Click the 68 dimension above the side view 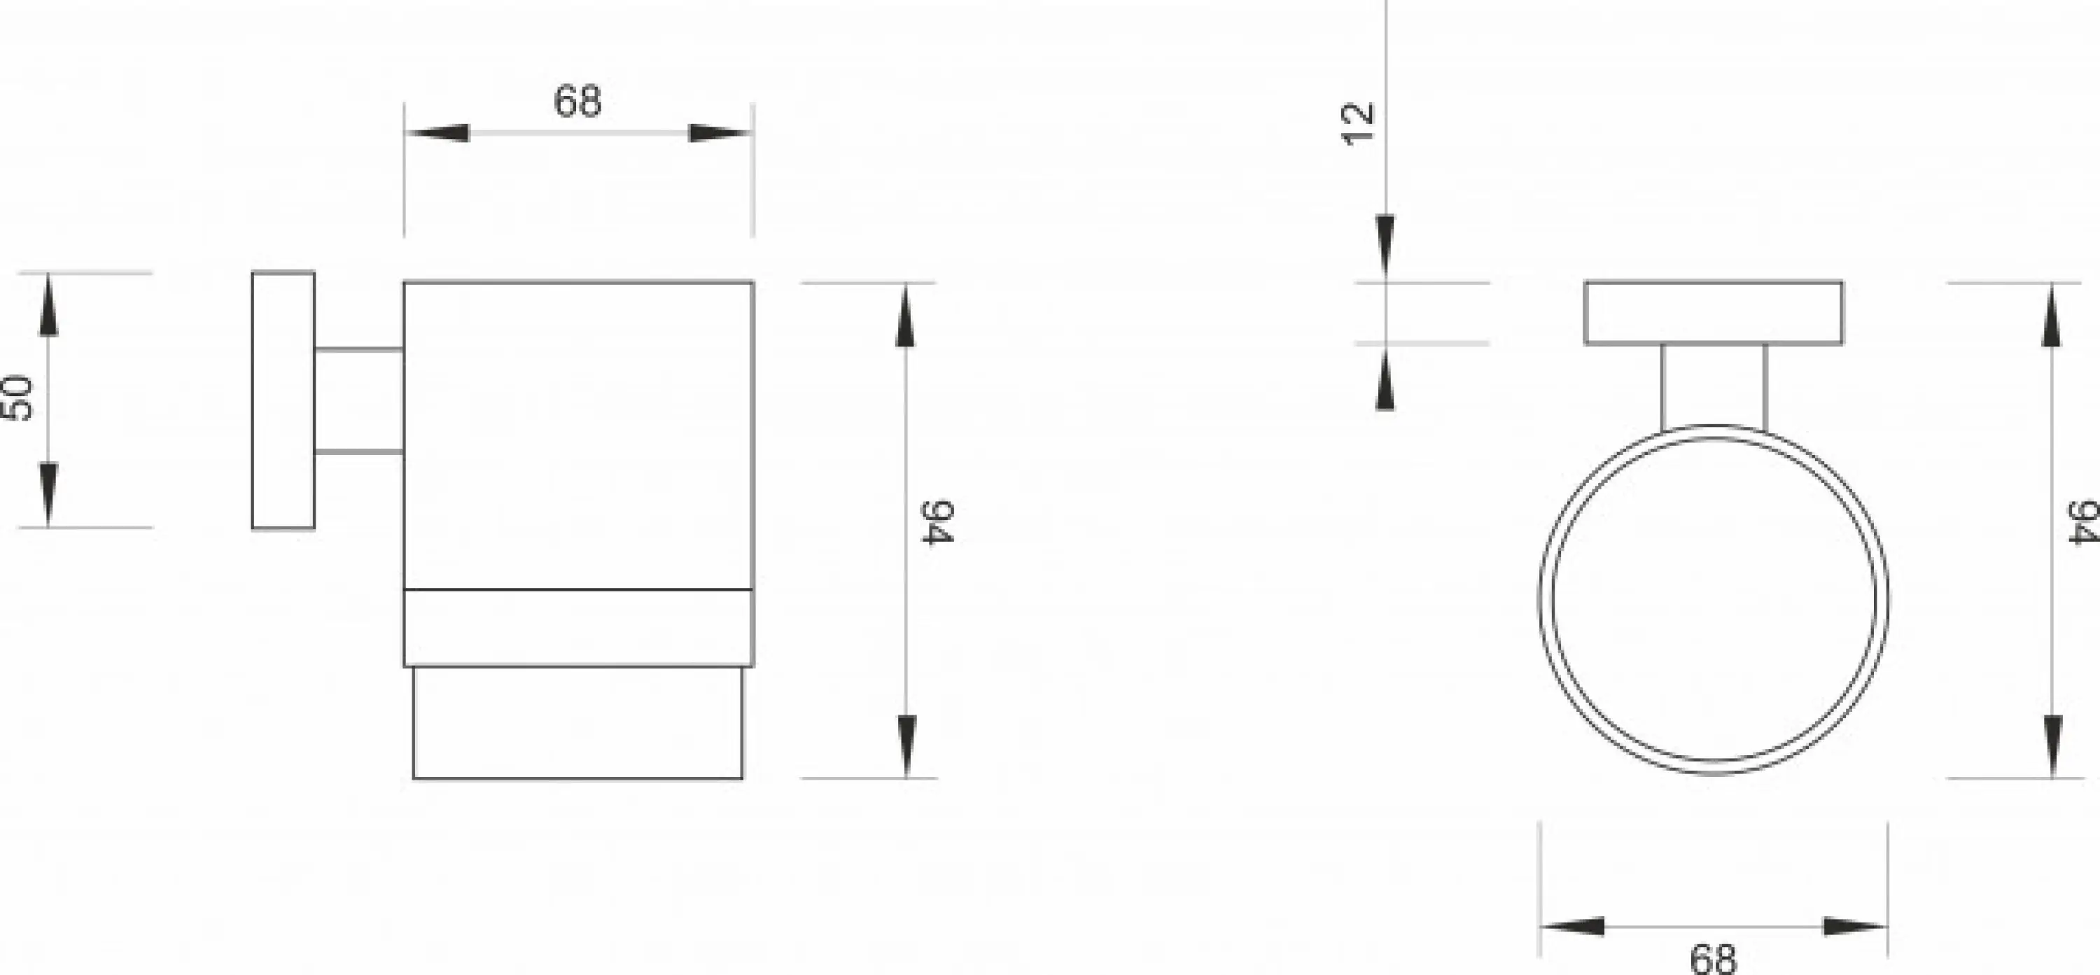(577, 102)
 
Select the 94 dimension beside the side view (937, 523)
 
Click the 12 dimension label (1357, 125)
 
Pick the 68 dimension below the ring (1714, 959)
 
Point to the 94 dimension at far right (2083, 523)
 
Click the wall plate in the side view (283, 400)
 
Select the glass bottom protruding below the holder (578, 723)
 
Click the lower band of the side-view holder (579, 628)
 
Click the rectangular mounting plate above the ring (1714, 313)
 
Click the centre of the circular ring (1714, 600)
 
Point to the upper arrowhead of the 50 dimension (49, 305)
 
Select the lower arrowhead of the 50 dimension (49, 495)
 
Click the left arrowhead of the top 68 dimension (437, 133)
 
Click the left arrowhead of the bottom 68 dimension (1571, 927)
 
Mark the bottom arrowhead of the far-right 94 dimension (2052, 747)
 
